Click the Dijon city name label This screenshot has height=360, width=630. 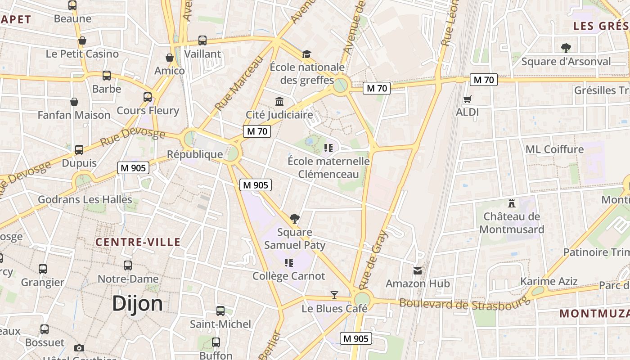tap(137, 303)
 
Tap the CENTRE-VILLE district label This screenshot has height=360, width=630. tap(138, 242)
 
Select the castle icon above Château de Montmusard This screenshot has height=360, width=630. tap(511, 203)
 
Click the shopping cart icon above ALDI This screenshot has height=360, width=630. tap(468, 99)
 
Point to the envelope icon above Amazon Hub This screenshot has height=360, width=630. tap(418, 270)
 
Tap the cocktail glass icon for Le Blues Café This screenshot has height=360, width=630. tap(334, 295)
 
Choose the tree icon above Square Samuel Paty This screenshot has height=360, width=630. tap(295, 219)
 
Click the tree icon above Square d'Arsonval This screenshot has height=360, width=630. tap(566, 48)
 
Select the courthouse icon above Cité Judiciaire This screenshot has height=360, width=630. tap(279, 101)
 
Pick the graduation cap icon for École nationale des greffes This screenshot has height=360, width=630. tap(306, 54)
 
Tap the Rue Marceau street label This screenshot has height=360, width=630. tap(238, 84)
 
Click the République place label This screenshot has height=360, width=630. tap(195, 154)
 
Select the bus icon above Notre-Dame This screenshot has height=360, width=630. tap(128, 265)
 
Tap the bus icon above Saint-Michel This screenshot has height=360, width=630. tap(220, 310)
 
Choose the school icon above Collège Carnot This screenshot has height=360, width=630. tap(289, 262)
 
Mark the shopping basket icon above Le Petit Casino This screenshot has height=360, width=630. tap(82, 40)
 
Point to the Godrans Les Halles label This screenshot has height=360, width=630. tap(85, 199)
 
